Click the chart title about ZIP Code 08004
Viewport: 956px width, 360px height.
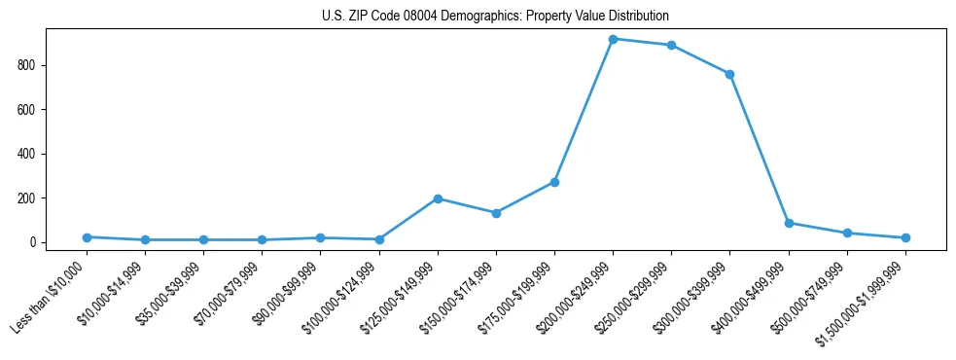(495, 17)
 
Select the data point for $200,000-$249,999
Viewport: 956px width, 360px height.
(613, 39)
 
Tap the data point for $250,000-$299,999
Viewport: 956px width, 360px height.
(672, 45)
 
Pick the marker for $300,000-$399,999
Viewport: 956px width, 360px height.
(730, 74)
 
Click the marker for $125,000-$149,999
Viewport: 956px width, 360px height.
(438, 198)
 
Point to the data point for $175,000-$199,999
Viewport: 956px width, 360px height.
(554, 182)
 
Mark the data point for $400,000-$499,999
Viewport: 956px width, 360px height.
(789, 223)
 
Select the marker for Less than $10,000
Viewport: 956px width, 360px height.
(87, 237)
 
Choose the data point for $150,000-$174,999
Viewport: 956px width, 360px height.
(496, 213)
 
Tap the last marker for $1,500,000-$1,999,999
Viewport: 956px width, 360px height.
(905, 237)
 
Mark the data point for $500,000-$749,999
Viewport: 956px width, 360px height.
(847, 234)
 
